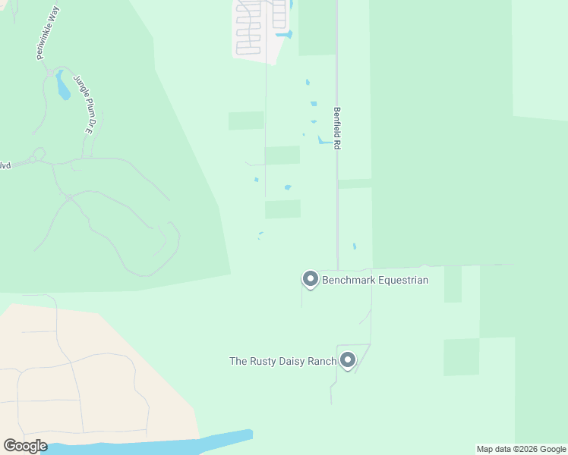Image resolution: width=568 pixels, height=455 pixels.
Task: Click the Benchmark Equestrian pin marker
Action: tap(310, 280)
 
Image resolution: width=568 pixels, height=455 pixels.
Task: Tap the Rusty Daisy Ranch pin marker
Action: tap(348, 360)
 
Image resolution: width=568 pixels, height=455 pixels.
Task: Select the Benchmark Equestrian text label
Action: tap(375, 281)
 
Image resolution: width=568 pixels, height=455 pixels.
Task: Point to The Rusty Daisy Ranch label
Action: tap(282, 362)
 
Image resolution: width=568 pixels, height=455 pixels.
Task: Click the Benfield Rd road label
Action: tap(336, 127)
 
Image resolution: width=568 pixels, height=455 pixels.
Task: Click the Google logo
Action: tap(25, 446)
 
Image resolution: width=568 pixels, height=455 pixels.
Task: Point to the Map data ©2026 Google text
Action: tap(521, 450)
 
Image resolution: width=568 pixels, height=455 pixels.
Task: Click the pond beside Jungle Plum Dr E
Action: tap(62, 87)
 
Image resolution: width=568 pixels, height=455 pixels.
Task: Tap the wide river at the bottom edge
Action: tap(152, 445)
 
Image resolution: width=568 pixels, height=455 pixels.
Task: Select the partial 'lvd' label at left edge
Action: tap(5, 165)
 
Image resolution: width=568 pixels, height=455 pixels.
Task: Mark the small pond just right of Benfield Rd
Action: tap(354, 246)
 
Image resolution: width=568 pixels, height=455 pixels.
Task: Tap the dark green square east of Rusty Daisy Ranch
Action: tap(461, 356)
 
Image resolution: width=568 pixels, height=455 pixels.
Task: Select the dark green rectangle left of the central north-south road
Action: tap(246, 121)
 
